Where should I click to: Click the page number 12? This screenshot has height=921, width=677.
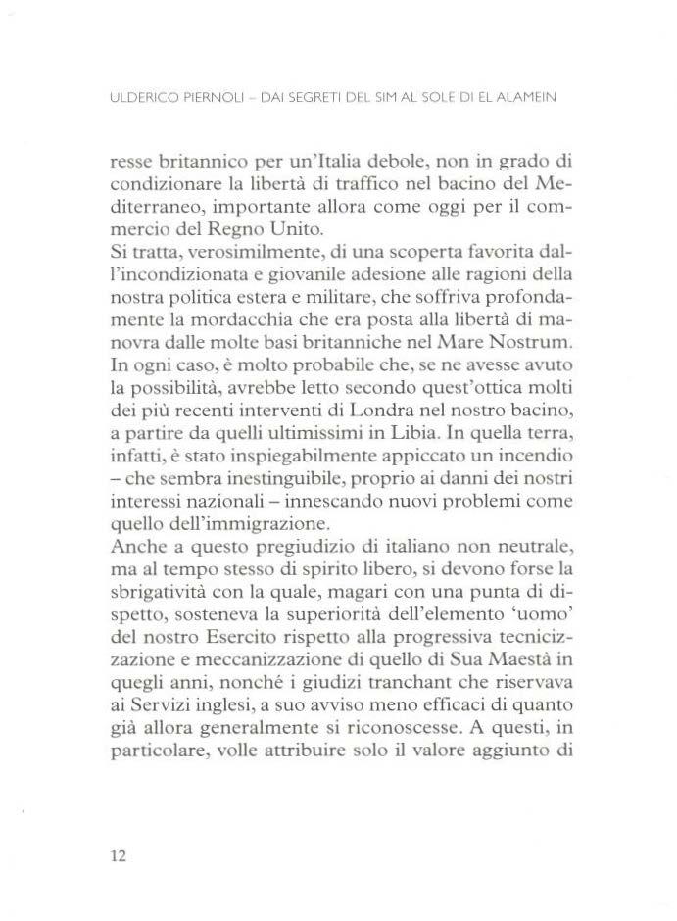point(118,855)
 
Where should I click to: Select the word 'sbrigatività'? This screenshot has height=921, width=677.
point(163,593)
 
